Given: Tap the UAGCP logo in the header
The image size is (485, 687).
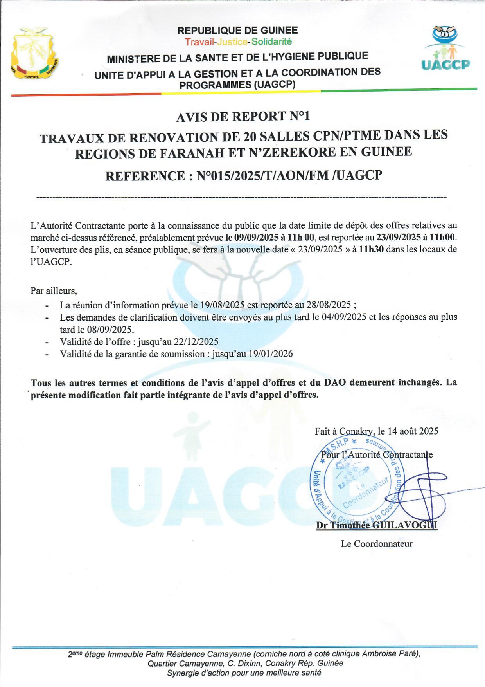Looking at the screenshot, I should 446,48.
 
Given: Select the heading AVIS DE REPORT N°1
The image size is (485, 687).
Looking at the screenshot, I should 243,117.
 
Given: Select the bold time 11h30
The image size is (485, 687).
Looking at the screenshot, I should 371,250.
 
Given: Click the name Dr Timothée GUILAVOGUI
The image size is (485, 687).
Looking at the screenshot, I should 377,525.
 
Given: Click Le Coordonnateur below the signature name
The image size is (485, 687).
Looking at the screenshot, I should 377,544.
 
